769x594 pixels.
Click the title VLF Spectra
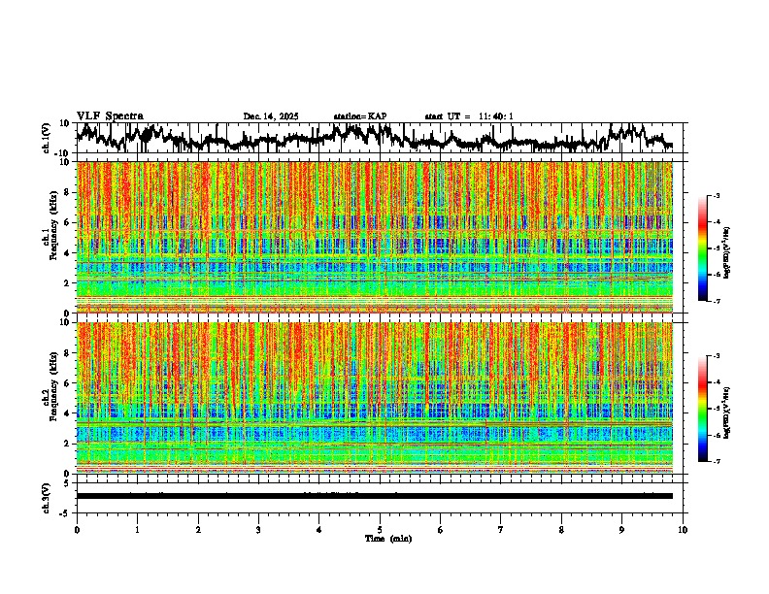[x=110, y=115]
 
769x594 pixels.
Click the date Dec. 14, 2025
[x=271, y=116]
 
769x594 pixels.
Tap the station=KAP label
[x=360, y=116]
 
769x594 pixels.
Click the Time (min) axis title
[x=387, y=538]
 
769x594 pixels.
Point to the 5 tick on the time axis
[x=380, y=530]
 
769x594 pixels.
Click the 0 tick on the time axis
[x=77, y=530]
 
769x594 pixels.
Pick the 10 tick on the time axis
[x=683, y=530]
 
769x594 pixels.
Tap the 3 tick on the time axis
[x=258, y=530]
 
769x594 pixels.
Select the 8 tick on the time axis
[x=561, y=530]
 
